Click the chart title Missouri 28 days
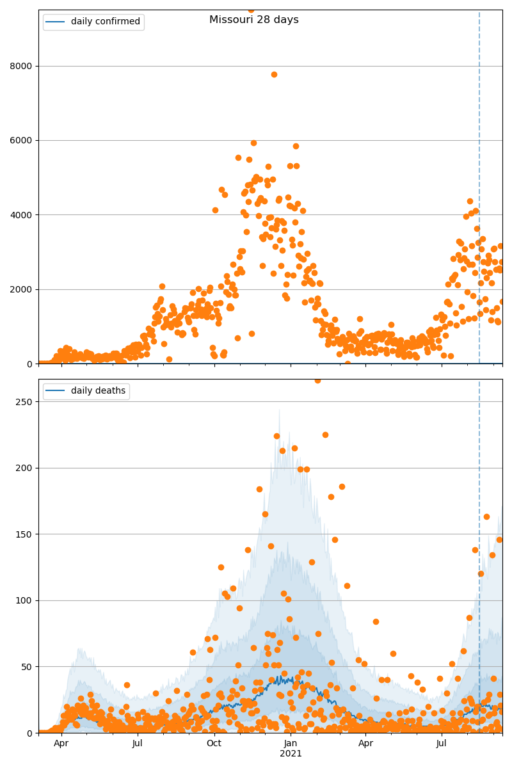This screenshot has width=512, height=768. pyautogui.click(x=253, y=20)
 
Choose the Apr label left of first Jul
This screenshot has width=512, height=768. pyautogui.click(x=61, y=743)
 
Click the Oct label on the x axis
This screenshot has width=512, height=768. pyautogui.click(x=214, y=743)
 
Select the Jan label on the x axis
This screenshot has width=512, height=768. pyautogui.click(x=291, y=743)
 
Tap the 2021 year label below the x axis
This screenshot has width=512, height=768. pyautogui.click(x=291, y=753)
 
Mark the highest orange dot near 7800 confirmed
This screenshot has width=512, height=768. pyautogui.click(x=274, y=74)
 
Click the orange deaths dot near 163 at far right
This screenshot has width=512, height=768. pyautogui.click(x=486, y=516)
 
